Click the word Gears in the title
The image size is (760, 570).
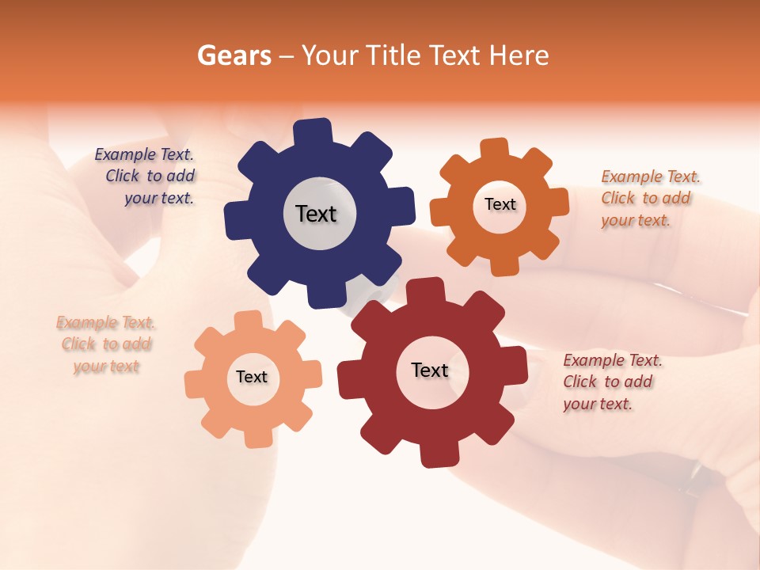click(x=234, y=55)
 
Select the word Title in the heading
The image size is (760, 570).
click(x=393, y=55)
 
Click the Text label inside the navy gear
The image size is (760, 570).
click(x=317, y=214)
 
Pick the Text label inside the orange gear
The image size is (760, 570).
click(x=500, y=204)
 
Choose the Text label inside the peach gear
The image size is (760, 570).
click(x=252, y=377)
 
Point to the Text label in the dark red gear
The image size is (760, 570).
click(x=430, y=370)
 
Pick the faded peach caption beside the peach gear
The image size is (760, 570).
click(x=105, y=344)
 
